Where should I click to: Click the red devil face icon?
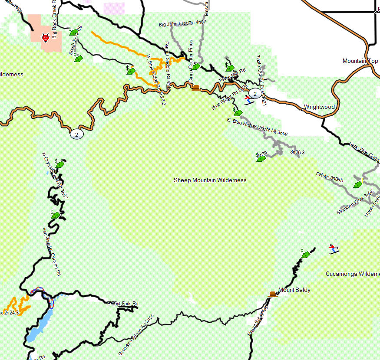pos(45,38)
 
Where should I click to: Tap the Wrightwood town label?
pos(319,107)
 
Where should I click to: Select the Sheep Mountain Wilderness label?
pos(210,180)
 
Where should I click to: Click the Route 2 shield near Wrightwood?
pos(255,93)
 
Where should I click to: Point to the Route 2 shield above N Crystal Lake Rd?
pos(76,134)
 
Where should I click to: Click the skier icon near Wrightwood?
pos(248,100)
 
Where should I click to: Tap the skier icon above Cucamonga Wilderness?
pos(334,249)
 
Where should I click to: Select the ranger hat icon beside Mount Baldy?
pos(272,294)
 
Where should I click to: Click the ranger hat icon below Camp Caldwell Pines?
pos(196,88)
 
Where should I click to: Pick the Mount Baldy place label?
pos(294,290)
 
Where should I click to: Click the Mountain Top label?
pos(360,61)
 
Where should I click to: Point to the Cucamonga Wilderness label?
pos(352,274)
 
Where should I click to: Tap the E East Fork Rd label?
pos(123,303)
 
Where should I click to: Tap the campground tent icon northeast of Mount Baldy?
pos(306,254)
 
